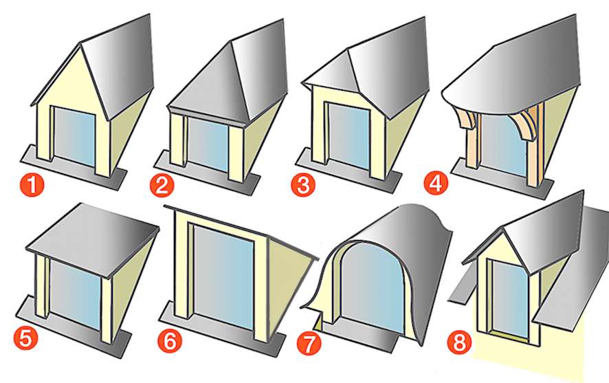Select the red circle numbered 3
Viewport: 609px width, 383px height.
301,184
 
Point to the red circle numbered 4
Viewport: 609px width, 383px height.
436,184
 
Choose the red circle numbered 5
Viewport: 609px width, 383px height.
25,336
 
